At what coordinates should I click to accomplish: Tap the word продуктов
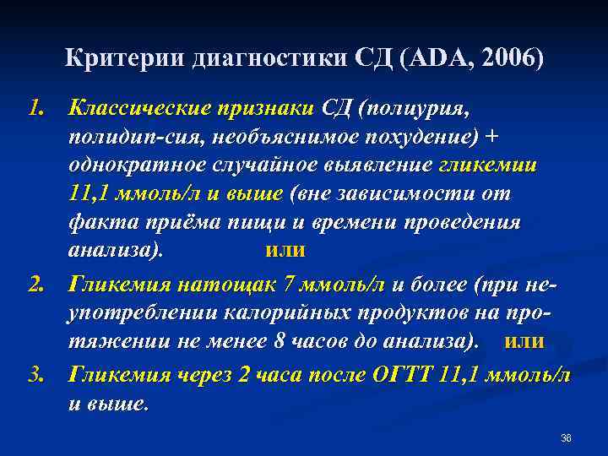coord(402,312)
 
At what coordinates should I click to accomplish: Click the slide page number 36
coord(566,437)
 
